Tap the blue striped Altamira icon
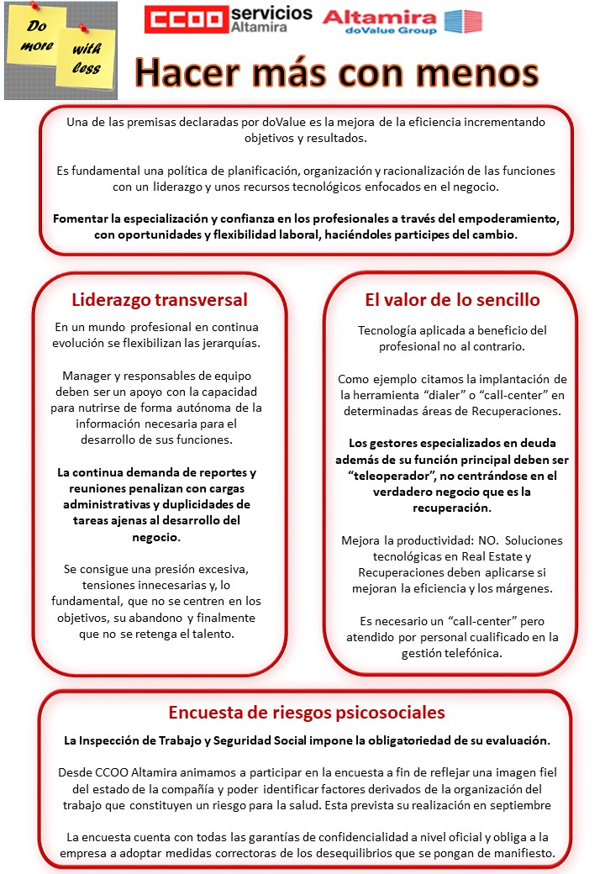[462, 21]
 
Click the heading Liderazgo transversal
[160, 299]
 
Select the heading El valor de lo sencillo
[452, 299]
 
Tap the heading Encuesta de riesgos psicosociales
[307, 713]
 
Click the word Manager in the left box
[88, 375]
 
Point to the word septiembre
[513, 805]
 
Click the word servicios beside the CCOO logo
[271, 13]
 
